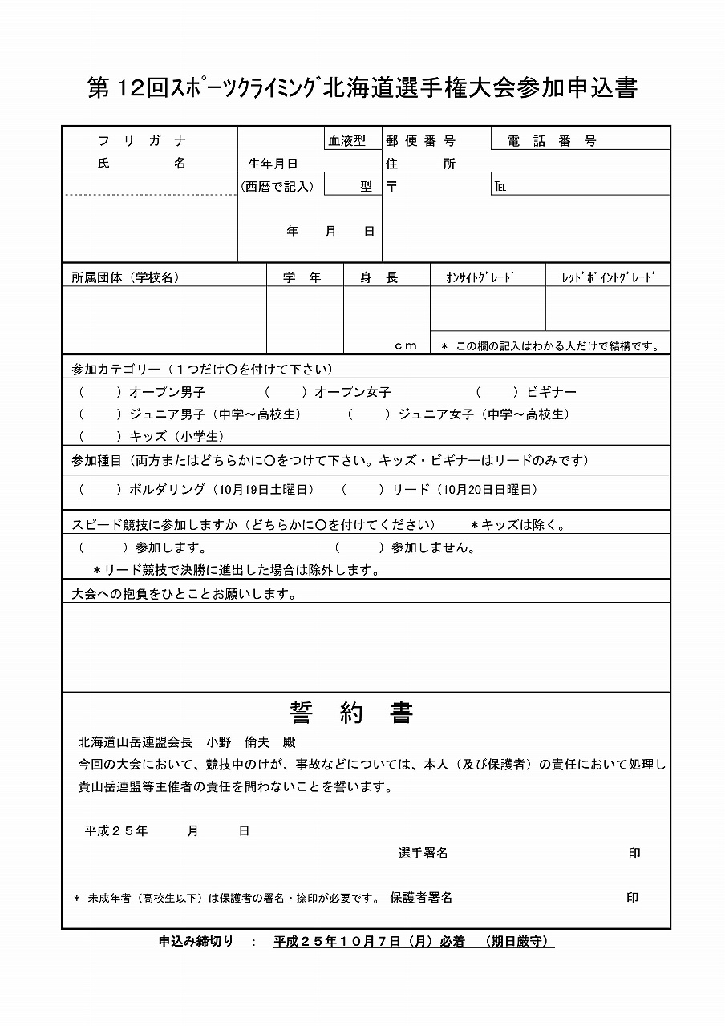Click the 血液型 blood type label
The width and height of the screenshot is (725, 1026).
pyautogui.click(x=346, y=140)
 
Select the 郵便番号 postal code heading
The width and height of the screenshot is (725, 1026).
pyautogui.click(x=420, y=141)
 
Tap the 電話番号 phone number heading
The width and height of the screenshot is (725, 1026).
pyautogui.click(x=553, y=141)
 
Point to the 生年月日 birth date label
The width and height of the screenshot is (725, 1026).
pyautogui.click(x=273, y=164)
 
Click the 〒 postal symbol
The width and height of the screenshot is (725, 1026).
pyautogui.click(x=392, y=187)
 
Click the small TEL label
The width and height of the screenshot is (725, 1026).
pyautogui.click(x=500, y=188)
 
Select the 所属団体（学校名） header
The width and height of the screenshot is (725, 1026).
pyautogui.click(x=125, y=277)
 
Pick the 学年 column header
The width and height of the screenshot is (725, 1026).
pyautogui.click(x=302, y=277)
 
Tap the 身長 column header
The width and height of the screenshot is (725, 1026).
pyautogui.click(x=379, y=277)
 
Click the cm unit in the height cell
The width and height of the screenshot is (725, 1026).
pyautogui.click(x=406, y=345)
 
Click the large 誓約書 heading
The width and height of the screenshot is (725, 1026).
pyautogui.click(x=352, y=713)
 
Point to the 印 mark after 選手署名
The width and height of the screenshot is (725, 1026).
pyautogui.click(x=634, y=854)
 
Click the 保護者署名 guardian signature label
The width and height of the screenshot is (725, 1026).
pyautogui.click(x=421, y=898)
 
